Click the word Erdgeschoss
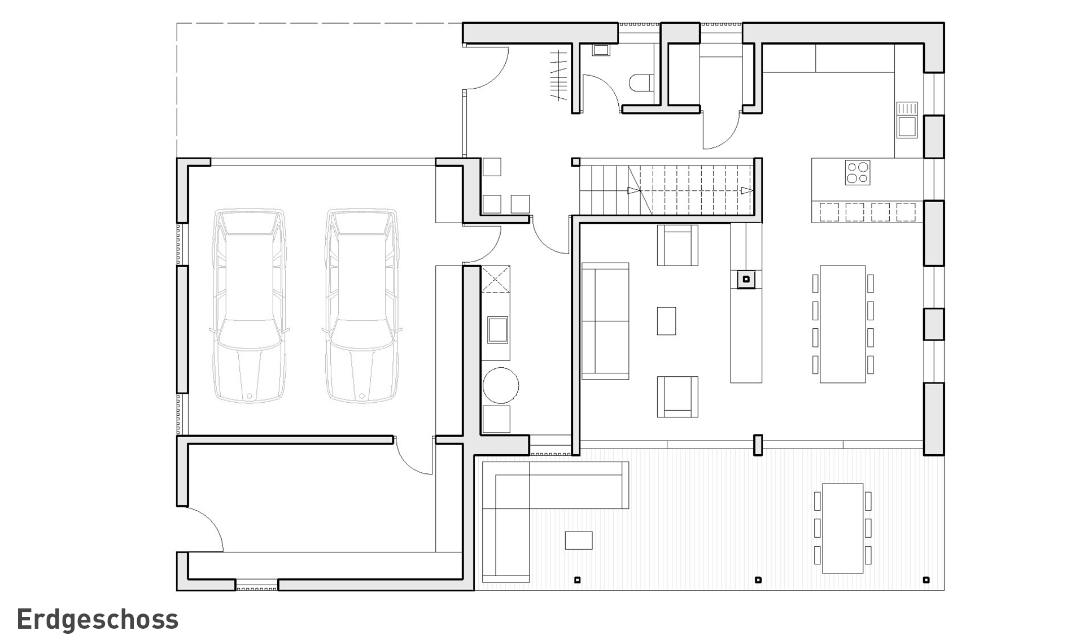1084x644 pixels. click(98, 620)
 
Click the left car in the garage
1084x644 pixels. click(248, 306)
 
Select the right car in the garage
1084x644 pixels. click(362, 306)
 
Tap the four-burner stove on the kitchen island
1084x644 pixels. click(858, 173)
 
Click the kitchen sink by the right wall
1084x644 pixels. click(907, 120)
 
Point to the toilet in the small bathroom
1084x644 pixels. click(641, 82)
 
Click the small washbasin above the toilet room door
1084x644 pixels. click(600, 50)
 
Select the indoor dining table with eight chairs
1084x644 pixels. click(843, 324)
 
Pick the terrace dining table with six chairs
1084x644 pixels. click(843, 528)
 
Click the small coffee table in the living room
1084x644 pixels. click(667, 321)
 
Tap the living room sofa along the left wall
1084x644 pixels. click(605, 321)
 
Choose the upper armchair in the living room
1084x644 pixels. click(677, 245)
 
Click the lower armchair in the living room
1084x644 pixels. click(677, 397)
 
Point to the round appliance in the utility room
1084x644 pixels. click(501, 385)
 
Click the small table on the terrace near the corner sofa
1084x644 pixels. click(579, 540)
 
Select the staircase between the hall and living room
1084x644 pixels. click(667, 190)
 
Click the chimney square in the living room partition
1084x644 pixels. click(746, 279)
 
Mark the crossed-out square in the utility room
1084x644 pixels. click(496, 279)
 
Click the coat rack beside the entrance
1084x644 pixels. click(559, 75)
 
